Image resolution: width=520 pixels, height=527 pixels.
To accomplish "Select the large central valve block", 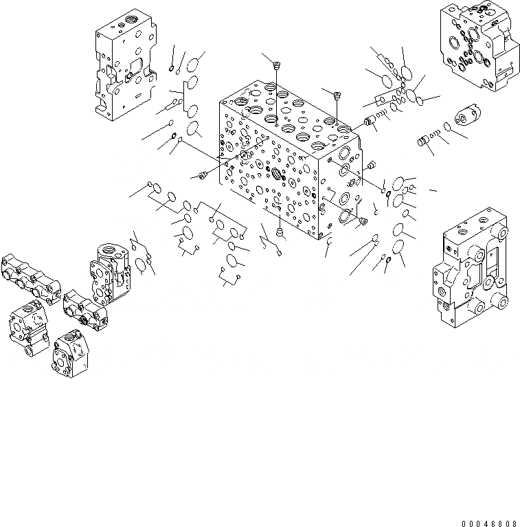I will (x=289, y=165).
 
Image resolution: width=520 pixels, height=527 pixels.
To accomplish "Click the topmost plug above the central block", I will (x=277, y=66).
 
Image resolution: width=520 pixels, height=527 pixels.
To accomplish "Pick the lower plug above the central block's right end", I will (x=337, y=96).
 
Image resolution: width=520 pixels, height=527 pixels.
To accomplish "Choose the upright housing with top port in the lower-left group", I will (x=111, y=271).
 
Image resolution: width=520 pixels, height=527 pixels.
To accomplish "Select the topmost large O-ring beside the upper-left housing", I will (x=195, y=61).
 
